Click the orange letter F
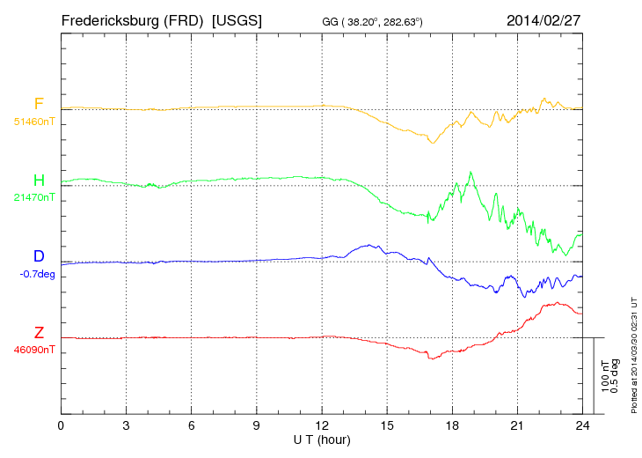tap(39, 104)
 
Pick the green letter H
tap(39, 181)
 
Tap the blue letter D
tap(39, 256)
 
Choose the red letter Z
tap(39, 333)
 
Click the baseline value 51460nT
tap(34, 122)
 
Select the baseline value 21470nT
tap(34, 198)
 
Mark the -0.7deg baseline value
tap(37, 274)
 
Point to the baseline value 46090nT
tap(34, 350)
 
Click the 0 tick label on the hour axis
tap(61, 426)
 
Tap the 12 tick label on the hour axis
tap(322, 426)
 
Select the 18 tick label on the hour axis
tap(452, 426)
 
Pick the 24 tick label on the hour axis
tap(582, 426)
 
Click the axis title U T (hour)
tap(322, 440)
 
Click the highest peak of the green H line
tap(471, 173)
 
